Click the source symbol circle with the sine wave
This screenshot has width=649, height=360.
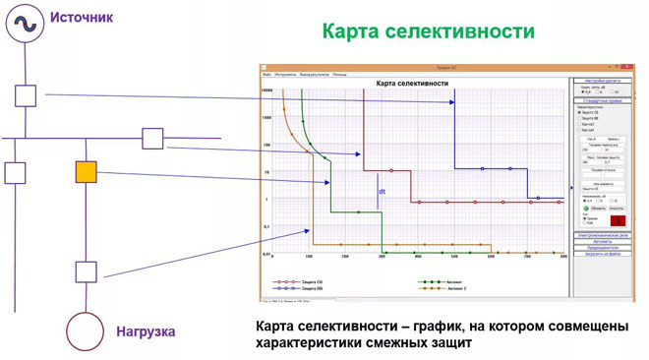[23, 22]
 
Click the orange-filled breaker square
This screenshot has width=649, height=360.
[87, 173]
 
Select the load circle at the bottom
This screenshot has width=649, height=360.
[86, 331]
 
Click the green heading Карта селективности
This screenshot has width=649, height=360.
[428, 30]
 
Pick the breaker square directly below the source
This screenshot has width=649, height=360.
[25, 95]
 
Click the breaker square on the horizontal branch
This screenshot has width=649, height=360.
[152, 138]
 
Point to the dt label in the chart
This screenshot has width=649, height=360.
[383, 179]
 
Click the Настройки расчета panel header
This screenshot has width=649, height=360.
[605, 80]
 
